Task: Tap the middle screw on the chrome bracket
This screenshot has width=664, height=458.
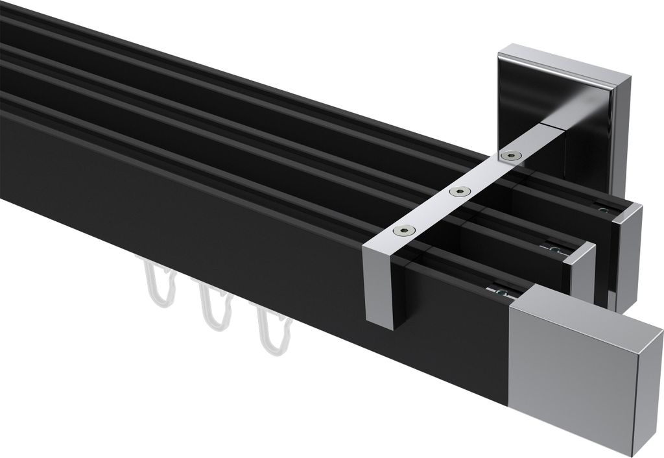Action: (460, 191)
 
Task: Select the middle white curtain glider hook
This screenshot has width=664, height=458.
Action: (213, 305)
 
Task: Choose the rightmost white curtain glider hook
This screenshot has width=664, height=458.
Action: (272, 331)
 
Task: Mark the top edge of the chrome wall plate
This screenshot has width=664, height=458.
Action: (564, 56)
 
